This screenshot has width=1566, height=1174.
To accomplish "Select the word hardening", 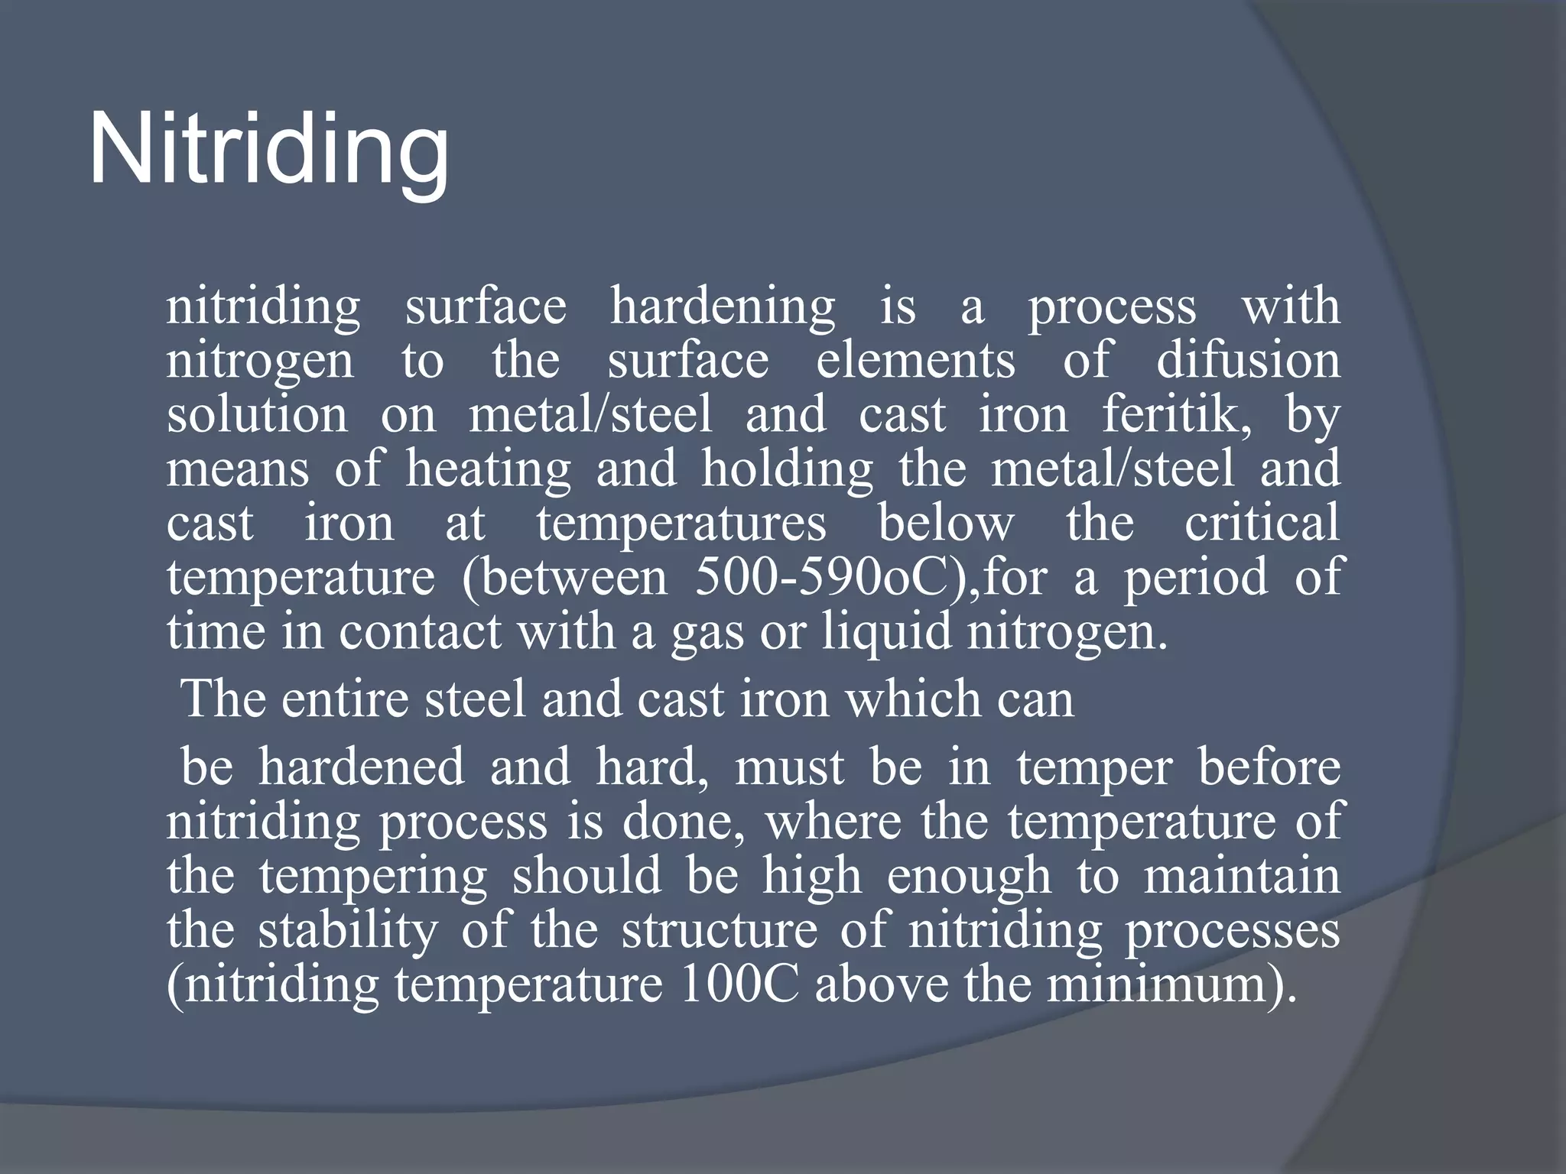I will click(x=723, y=307).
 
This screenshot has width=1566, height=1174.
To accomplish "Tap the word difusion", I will click(x=1248, y=361).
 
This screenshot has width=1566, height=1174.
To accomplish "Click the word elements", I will click(x=915, y=361).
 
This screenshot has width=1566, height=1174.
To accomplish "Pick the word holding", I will click(x=788, y=469).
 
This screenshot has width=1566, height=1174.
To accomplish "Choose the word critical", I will click(x=1262, y=524).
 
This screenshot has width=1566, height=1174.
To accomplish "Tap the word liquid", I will click(x=886, y=633).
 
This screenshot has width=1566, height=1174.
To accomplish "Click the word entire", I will click(x=345, y=699).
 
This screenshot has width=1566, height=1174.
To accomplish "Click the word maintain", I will click(x=1242, y=876).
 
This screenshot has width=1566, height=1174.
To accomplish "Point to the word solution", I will click(x=257, y=415).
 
